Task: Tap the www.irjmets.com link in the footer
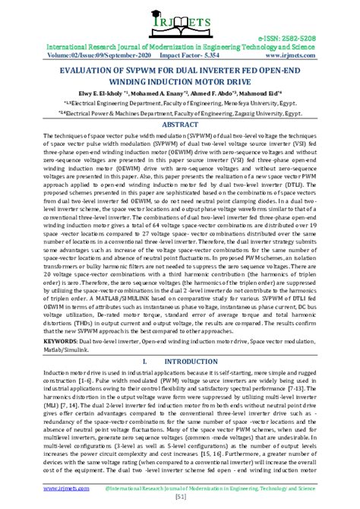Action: click(45, 486)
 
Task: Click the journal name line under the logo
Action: click(180, 46)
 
